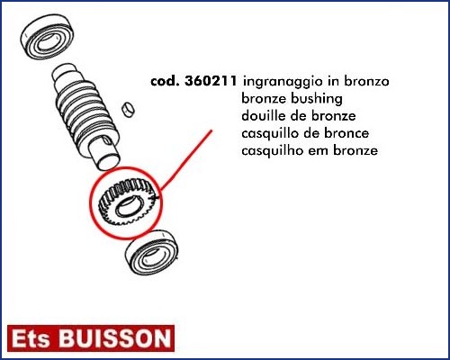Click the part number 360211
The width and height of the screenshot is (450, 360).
point(211,81)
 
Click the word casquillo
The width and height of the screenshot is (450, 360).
point(271,134)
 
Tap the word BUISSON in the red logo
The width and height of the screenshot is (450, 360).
point(115,339)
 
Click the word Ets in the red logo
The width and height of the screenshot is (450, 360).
point(31,339)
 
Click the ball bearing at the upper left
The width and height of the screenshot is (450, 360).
point(47,38)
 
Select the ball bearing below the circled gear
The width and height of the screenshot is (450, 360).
point(152,253)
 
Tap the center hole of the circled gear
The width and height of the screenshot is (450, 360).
point(128,207)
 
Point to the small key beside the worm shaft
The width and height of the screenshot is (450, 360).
point(129,109)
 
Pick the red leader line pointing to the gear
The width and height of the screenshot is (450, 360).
point(186,160)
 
